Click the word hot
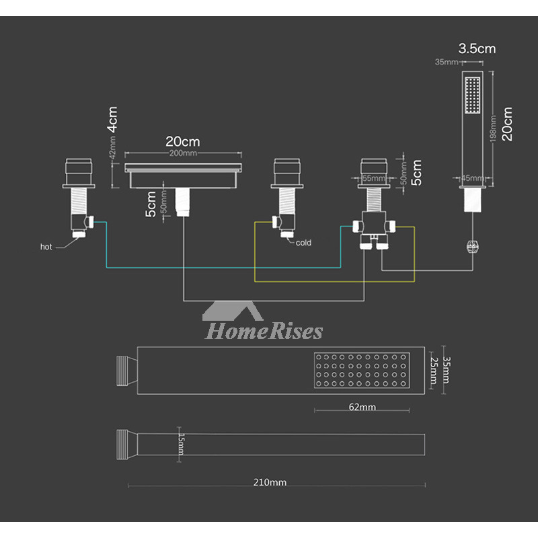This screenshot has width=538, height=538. [46, 247]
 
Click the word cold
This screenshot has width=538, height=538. [303, 243]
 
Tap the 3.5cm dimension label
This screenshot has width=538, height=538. [477, 48]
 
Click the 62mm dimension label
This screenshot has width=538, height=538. [362, 407]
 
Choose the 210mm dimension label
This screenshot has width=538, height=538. [274, 482]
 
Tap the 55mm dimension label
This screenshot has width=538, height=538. [373, 178]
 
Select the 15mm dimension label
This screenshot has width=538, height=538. [180, 444]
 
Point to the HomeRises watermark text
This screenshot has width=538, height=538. [264, 331]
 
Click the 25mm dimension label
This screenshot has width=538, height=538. [434, 370]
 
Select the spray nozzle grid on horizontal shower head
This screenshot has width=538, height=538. [364, 371]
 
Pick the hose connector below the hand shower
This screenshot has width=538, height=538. [473, 245]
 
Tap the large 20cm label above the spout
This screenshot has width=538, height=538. [182, 141]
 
